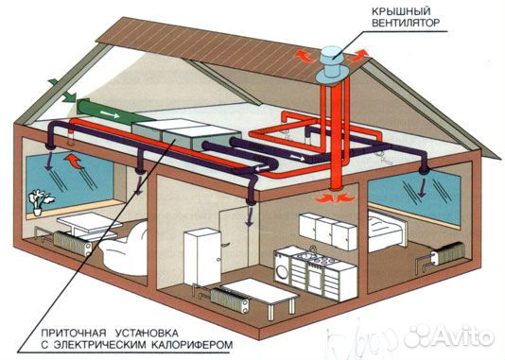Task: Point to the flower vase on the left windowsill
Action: click(39, 200)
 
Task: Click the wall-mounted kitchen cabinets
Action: click(328, 227)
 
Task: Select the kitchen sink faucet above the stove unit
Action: click(312, 250)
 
